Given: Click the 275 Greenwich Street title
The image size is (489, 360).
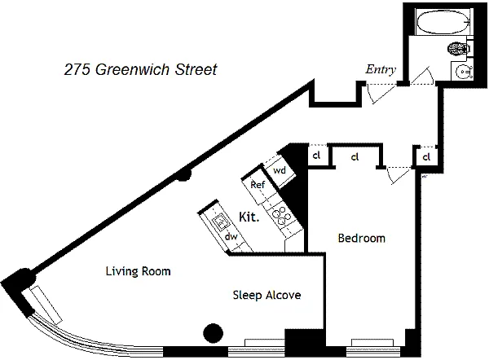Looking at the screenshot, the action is click(140, 69).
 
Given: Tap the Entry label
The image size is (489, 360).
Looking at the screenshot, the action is click(381, 69).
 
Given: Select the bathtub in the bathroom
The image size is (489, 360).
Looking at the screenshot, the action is click(443, 21).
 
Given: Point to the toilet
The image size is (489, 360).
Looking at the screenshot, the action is click(459, 49).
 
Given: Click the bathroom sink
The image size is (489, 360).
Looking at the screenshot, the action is click(464, 72).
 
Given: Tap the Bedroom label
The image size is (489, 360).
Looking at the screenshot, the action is click(361, 238).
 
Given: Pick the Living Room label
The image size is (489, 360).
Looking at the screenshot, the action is click(139, 271).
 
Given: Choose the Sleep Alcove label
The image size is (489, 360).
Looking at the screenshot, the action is click(267, 295).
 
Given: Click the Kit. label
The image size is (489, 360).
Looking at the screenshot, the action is click(249, 217).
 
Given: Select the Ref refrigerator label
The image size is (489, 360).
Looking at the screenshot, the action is click(258, 185).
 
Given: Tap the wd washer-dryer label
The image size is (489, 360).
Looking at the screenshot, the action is click(279, 170).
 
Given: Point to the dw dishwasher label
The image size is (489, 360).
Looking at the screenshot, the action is click(231, 236).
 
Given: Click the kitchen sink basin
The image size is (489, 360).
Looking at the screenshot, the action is click(221, 222).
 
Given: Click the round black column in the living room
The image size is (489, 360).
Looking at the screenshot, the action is click(214, 333).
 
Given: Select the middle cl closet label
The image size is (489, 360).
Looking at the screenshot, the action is click(355, 156).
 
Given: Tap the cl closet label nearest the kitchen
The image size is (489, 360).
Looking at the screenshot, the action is click(316, 155).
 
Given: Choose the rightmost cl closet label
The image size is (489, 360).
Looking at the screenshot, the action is click(426, 156).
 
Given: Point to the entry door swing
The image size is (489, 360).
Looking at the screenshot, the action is click(381, 94).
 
